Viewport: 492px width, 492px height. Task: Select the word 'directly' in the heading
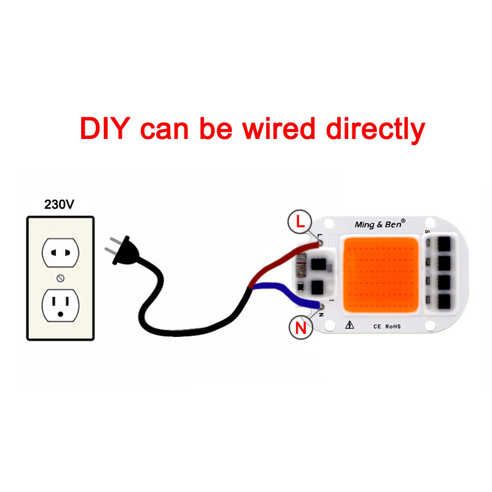(375, 129)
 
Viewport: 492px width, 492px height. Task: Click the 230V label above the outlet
(59, 205)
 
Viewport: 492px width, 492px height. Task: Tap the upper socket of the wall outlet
(60, 252)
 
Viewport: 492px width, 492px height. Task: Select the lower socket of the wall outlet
(60, 306)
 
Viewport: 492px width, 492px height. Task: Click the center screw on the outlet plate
(60, 279)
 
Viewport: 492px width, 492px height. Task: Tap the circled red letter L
(300, 223)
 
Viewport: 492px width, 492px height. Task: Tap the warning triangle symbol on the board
(349, 326)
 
